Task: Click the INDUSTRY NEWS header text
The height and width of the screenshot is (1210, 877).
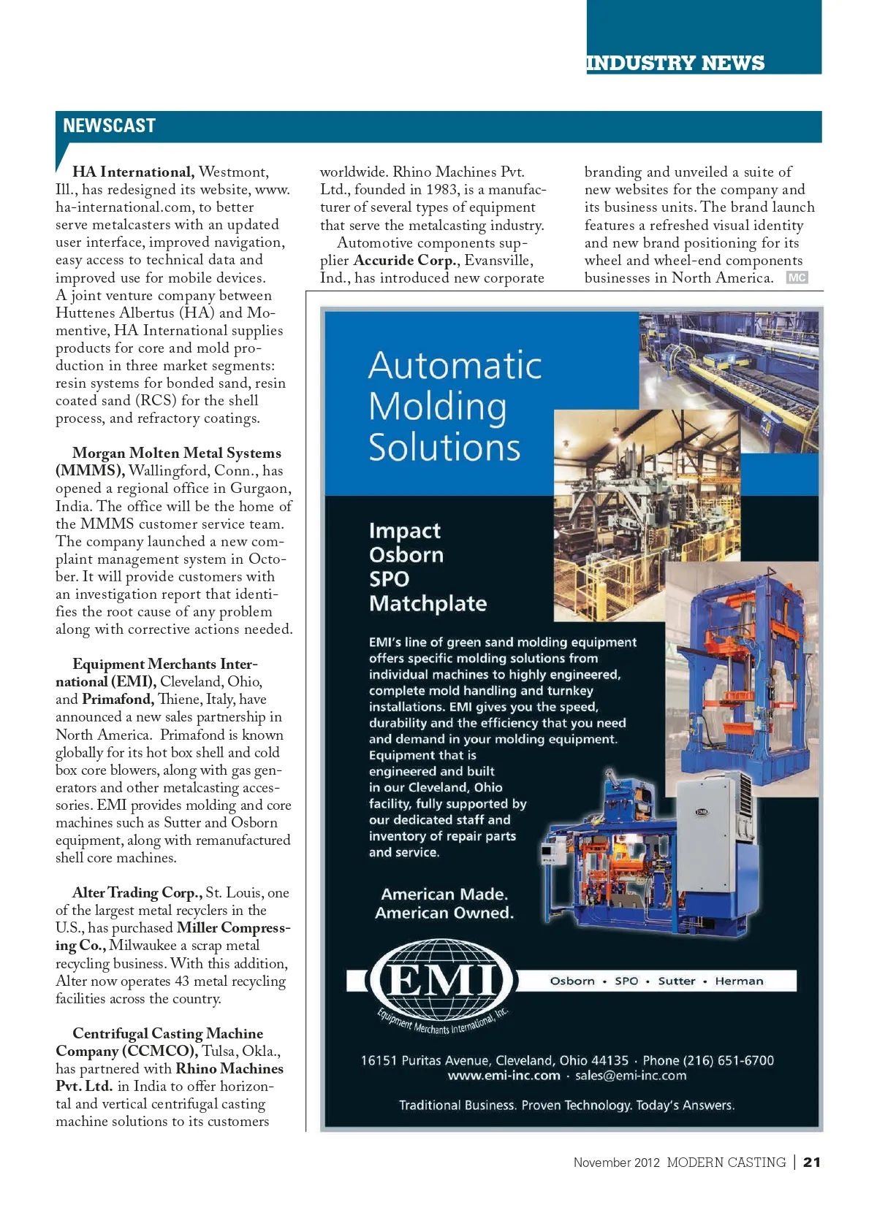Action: [x=675, y=64]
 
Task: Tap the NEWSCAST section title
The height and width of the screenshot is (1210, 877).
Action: [x=109, y=126]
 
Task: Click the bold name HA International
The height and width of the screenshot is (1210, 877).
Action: [x=132, y=172]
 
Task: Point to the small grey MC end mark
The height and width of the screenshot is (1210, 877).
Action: [x=797, y=277]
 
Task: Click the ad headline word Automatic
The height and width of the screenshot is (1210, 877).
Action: [x=455, y=365]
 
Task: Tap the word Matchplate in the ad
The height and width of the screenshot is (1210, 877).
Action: [x=428, y=604]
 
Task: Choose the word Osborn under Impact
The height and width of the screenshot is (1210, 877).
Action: [x=406, y=555]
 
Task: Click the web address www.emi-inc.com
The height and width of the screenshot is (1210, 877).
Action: [x=504, y=1076]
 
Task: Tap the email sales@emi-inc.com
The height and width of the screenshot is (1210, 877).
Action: [x=631, y=1076]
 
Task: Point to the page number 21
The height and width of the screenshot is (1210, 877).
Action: [x=811, y=1163]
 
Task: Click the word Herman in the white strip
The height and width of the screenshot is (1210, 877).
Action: [x=739, y=981]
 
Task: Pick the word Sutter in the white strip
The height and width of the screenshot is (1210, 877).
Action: [x=676, y=981]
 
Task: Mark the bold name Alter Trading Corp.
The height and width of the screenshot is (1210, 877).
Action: [x=137, y=893]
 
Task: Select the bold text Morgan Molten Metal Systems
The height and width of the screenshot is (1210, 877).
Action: [x=176, y=453]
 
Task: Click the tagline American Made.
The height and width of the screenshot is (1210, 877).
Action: [x=444, y=895]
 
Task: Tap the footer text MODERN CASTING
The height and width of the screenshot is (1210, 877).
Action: [x=726, y=1163]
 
